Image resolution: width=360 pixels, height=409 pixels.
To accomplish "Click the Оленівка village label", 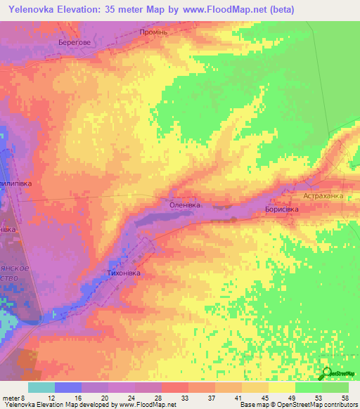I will [186, 204].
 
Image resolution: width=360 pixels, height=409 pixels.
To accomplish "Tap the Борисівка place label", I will [282, 209].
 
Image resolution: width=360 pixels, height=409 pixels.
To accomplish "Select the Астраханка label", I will [323, 197].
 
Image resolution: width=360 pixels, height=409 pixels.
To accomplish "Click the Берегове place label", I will [75, 42].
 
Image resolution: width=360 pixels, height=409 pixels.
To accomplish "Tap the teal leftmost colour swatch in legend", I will [41, 387].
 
